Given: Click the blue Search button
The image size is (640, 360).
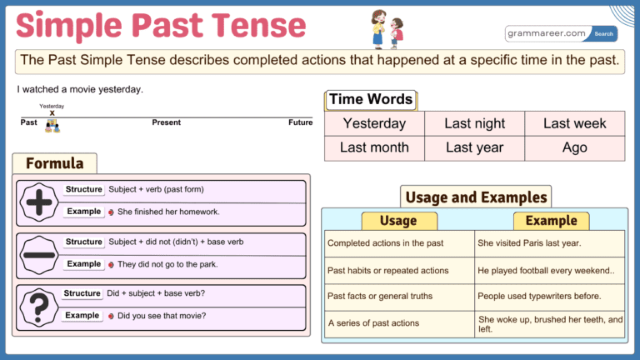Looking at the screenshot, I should click(604, 34).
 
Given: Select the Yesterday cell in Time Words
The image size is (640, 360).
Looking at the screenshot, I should click(374, 123).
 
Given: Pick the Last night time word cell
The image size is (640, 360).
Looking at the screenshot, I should click(474, 123).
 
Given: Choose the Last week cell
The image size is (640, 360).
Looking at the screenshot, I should click(574, 123).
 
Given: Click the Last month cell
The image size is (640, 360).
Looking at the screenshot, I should click(374, 147).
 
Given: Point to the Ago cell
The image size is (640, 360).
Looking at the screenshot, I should click(574, 147).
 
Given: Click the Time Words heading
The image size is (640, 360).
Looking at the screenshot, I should click(371, 100).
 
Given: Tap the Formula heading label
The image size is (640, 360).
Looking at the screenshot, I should click(55, 163).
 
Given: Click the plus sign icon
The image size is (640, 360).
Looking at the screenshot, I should click(38, 202).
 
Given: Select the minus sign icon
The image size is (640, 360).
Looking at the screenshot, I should click(38, 255).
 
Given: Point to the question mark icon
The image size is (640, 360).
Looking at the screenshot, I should click(38, 306).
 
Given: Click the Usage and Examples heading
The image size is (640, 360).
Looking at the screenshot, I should click(476, 197).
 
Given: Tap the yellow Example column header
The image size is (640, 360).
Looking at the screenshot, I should click(551, 221).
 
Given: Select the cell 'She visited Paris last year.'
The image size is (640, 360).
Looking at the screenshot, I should click(549, 243).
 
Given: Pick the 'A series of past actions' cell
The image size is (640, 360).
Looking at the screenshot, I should click(397, 323).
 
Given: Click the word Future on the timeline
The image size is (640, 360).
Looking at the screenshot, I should click(300, 122).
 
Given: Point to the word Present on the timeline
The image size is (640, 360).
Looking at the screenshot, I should click(167, 122).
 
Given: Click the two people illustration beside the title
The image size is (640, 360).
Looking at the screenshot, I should click(387, 29).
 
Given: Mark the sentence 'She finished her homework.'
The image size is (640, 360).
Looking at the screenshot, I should click(168, 212).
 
